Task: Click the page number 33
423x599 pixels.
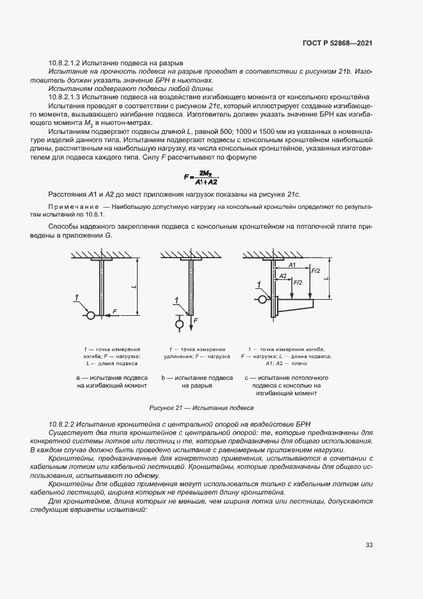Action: click(369, 545)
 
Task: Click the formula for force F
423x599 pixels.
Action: click(201, 177)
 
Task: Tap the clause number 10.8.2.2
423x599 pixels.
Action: click(65, 425)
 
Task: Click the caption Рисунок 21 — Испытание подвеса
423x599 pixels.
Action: click(202, 407)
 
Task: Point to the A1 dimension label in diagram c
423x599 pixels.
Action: click(291, 265)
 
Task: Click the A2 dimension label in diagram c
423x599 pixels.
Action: click(282, 275)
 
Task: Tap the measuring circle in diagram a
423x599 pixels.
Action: click(91, 315)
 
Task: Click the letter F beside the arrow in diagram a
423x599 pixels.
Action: click(115, 311)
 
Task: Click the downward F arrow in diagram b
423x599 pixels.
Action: click(190, 320)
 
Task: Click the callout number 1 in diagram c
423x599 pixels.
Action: click(259, 284)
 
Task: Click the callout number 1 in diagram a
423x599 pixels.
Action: click(76, 297)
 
